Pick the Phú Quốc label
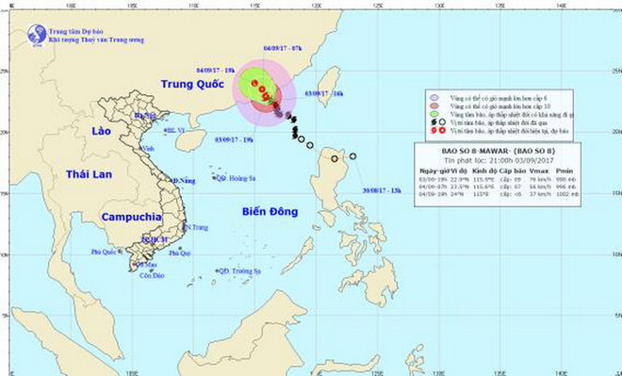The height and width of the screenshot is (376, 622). (x=106, y=252)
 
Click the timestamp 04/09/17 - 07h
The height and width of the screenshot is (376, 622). (x=282, y=46)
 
